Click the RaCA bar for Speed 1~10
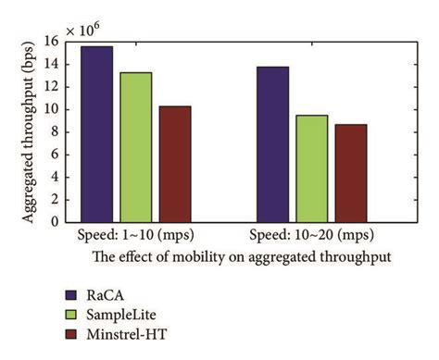pos(97,134)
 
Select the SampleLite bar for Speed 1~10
pos(135,147)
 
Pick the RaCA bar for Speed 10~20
pos(272,144)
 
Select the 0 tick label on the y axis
pos(56,222)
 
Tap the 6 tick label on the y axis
pos(56,155)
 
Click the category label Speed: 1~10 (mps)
pos(135,236)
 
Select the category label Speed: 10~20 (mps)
pos(311,236)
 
